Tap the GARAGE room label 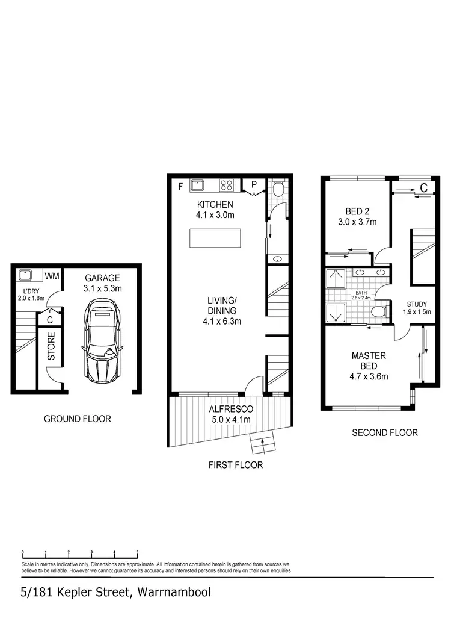tap(103, 278)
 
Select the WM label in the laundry tap(53, 276)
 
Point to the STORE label tap(51, 346)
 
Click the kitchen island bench tap(215, 238)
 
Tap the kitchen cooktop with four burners tap(227, 185)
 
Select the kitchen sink tap(198, 185)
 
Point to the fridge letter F tap(180, 186)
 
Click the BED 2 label tap(357, 211)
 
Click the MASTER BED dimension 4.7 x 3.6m tap(369, 377)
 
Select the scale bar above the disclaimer tap(80, 553)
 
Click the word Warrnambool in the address tap(174, 592)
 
